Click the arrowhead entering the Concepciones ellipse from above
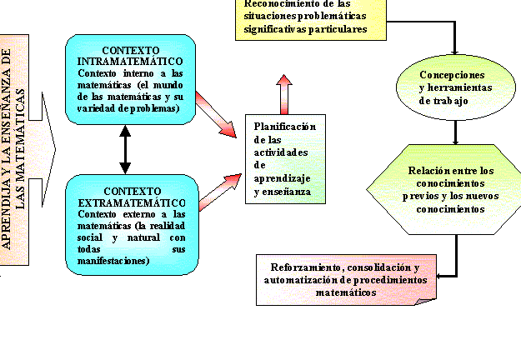[455, 49]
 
